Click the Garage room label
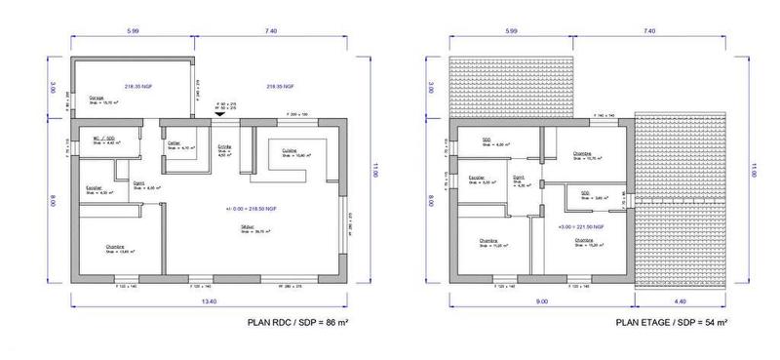click(x=97, y=98)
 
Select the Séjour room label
click(x=249, y=225)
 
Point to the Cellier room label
click(x=175, y=142)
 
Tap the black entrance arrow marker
click(x=219, y=113)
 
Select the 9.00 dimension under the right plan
click(x=541, y=302)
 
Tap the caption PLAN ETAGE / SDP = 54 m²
click(x=672, y=321)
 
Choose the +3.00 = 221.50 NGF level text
click(x=579, y=226)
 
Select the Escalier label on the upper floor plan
click(x=477, y=177)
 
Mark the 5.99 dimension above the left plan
click(x=134, y=32)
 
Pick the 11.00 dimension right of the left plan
click(x=371, y=171)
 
